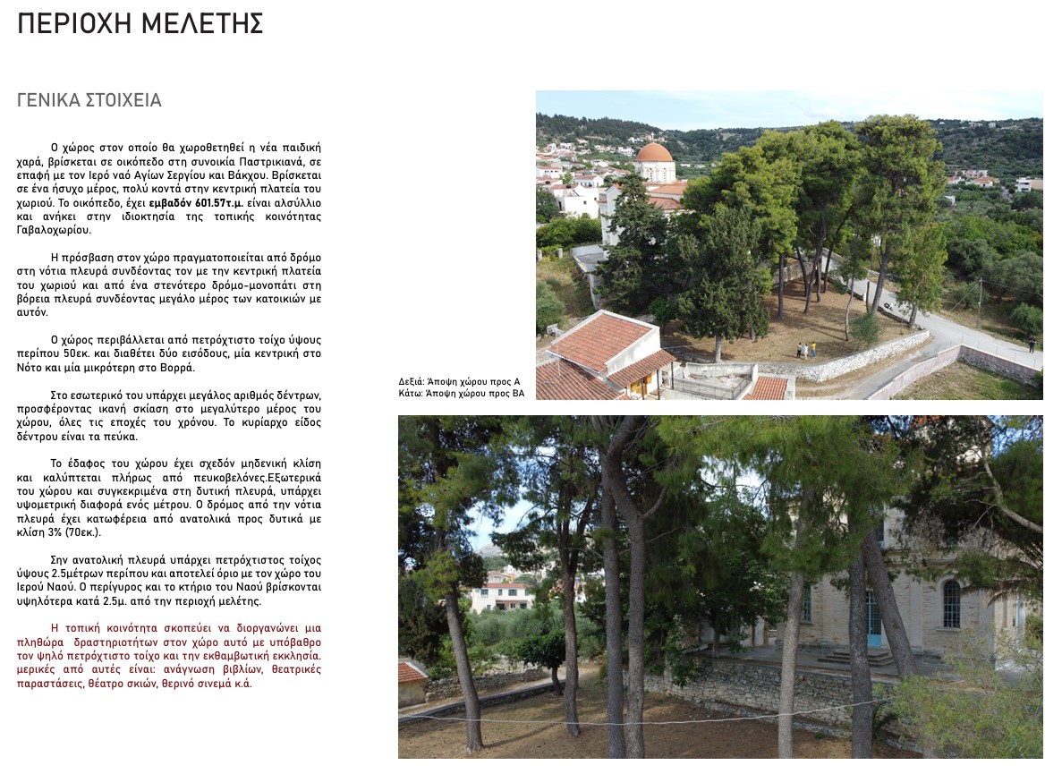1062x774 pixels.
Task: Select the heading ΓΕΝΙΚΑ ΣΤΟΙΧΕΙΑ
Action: [89, 100]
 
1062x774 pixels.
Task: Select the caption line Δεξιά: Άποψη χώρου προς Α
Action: [459, 381]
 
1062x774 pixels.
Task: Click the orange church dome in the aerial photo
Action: [655, 152]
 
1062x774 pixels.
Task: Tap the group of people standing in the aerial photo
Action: [805, 350]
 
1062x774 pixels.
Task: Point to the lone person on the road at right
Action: [1032, 343]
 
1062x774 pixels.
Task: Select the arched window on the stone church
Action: [951, 604]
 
